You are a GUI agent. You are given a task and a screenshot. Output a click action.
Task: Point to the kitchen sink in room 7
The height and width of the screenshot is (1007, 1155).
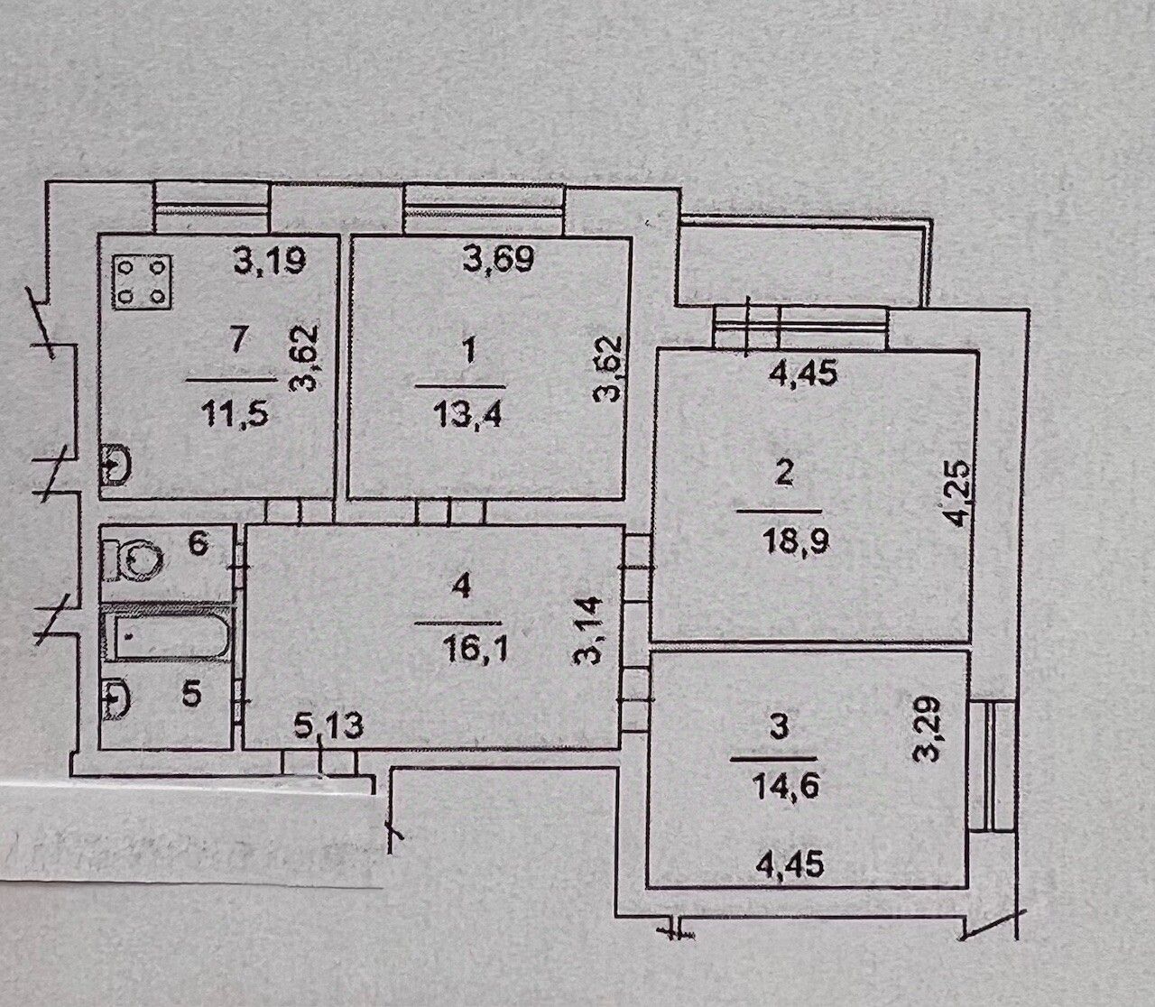point(116,467)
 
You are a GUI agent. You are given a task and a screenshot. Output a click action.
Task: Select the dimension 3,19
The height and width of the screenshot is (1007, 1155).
point(270,262)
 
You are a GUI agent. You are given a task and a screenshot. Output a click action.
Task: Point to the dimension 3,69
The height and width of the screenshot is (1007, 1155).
point(499,261)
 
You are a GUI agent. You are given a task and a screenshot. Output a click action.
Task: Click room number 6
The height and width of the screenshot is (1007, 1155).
point(199,544)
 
